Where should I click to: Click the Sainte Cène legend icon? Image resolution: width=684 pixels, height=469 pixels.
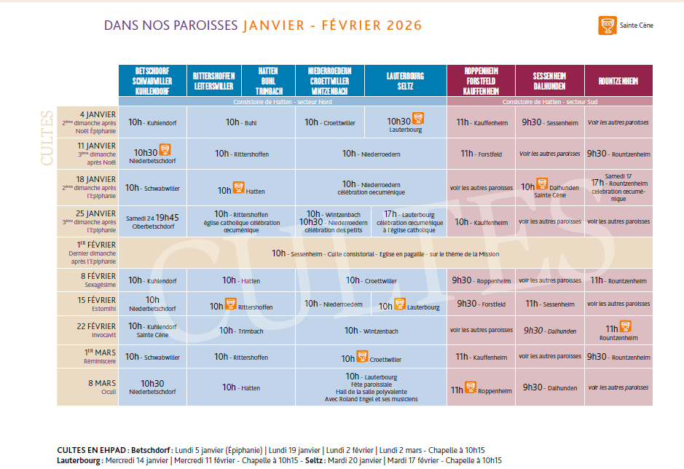pyautogui.click(x=604, y=25)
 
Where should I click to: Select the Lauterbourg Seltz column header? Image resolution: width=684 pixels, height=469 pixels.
pyautogui.click(x=405, y=81)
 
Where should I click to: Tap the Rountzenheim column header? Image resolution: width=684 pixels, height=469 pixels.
pyautogui.click(x=618, y=81)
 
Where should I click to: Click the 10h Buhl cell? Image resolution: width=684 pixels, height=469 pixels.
pyautogui.click(x=241, y=122)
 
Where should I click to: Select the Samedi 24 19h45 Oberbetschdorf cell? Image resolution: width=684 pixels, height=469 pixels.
pyautogui.click(x=152, y=221)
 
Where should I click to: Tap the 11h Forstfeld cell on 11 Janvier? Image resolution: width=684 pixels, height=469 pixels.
pyautogui.click(x=481, y=154)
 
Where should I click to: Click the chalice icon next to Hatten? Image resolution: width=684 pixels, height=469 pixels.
pyautogui.click(x=238, y=188)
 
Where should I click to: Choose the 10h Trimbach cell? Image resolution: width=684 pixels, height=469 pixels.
pyautogui.click(x=241, y=331)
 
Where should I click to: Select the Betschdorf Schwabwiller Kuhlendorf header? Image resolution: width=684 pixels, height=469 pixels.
pyautogui.click(x=152, y=81)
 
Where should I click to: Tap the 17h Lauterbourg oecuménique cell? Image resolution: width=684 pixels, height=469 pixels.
pyautogui.click(x=408, y=222)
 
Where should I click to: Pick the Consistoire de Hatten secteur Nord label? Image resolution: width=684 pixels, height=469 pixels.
pyautogui.click(x=283, y=102)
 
